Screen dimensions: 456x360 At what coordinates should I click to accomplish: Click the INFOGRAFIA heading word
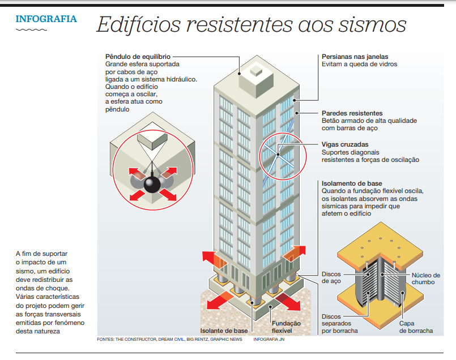pyautogui.click(x=46, y=19)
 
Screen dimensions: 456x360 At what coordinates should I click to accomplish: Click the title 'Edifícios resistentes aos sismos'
pyautogui.click(x=251, y=24)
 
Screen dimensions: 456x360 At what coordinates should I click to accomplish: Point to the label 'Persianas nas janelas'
pyautogui.click(x=355, y=57)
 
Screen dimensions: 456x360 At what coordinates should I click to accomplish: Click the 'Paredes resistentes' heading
pyautogui.click(x=352, y=113)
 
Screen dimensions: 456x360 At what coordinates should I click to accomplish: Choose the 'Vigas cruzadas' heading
pyautogui.click(x=344, y=144)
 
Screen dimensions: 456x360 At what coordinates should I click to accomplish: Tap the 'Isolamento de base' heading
pyautogui.click(x=351, y=183)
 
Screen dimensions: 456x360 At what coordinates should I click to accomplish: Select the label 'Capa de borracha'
pyautogui.click(x=416, y=327)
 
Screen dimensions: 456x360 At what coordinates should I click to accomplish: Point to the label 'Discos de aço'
pyautogui.click(x=331, y=277)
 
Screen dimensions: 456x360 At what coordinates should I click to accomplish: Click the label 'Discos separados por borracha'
pyautogui.click(x=339, y=323)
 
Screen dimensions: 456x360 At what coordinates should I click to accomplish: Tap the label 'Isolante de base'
pyautogui.click(x=224, y=330)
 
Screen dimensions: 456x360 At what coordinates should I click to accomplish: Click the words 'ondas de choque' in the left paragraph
pyautogui.click(x=42, y=288)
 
